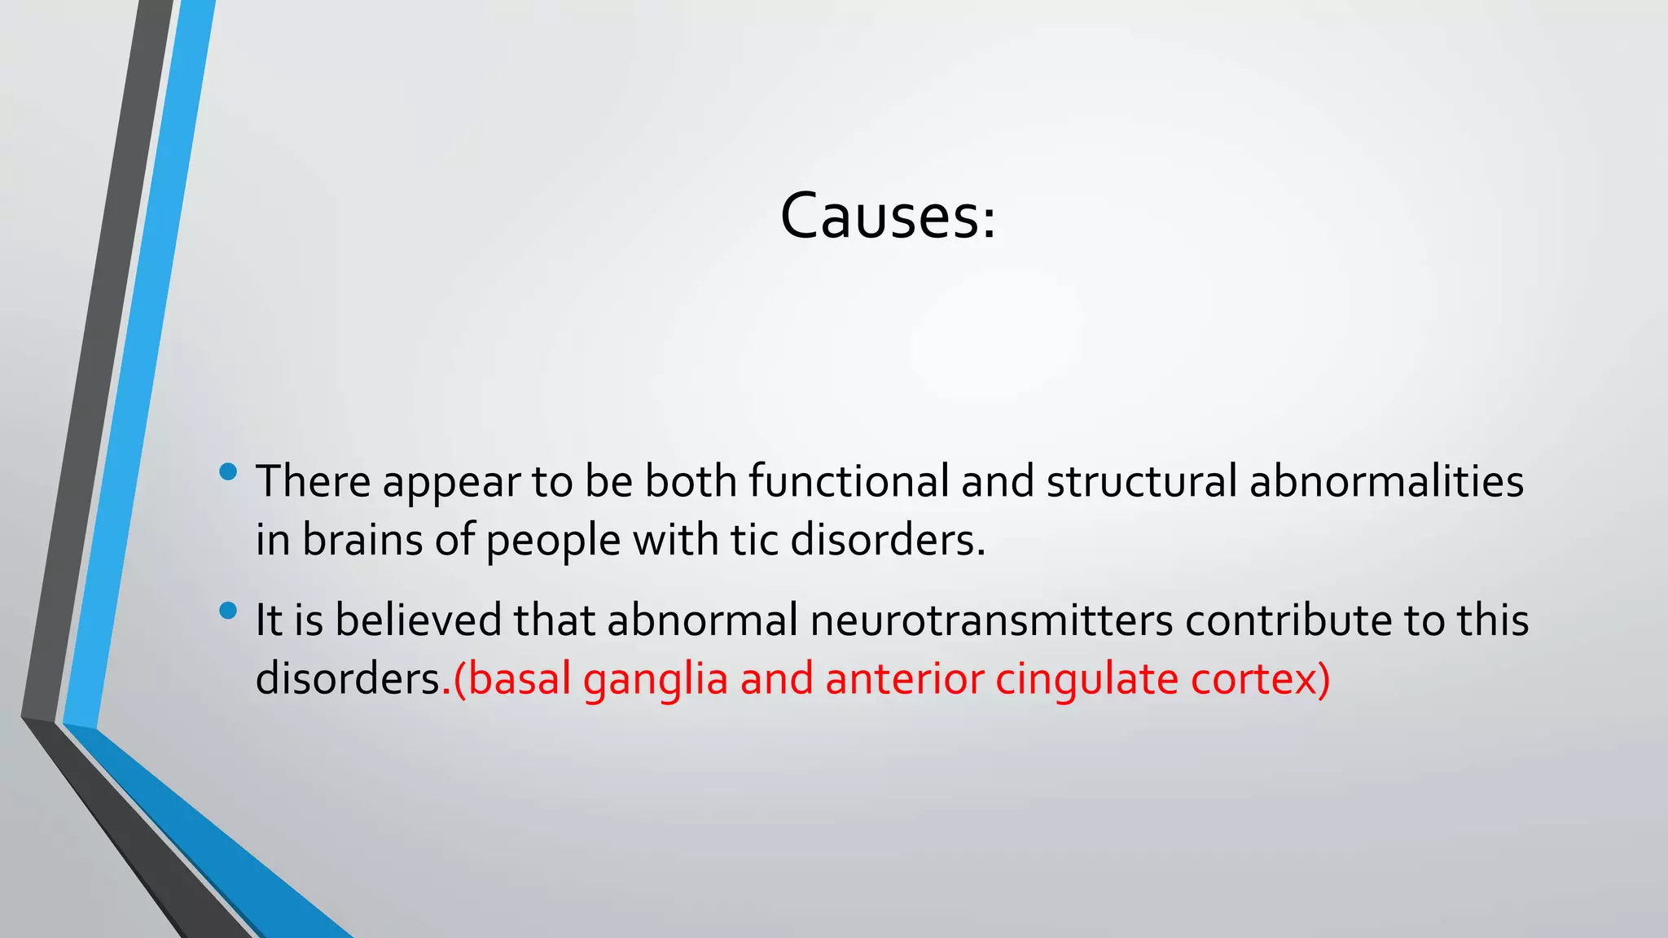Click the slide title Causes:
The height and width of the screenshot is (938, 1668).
(888, 217)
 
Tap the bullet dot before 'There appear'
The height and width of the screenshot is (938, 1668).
(228, 471)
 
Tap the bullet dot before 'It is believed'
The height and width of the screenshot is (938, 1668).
(228, 611)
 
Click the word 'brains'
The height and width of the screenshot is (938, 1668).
(362, 540)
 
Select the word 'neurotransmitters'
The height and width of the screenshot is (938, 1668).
(991, 620)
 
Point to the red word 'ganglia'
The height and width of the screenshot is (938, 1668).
(656, 681)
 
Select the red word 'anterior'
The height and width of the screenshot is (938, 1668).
(904, 679)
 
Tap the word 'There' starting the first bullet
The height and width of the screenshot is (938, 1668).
(314, 481)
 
